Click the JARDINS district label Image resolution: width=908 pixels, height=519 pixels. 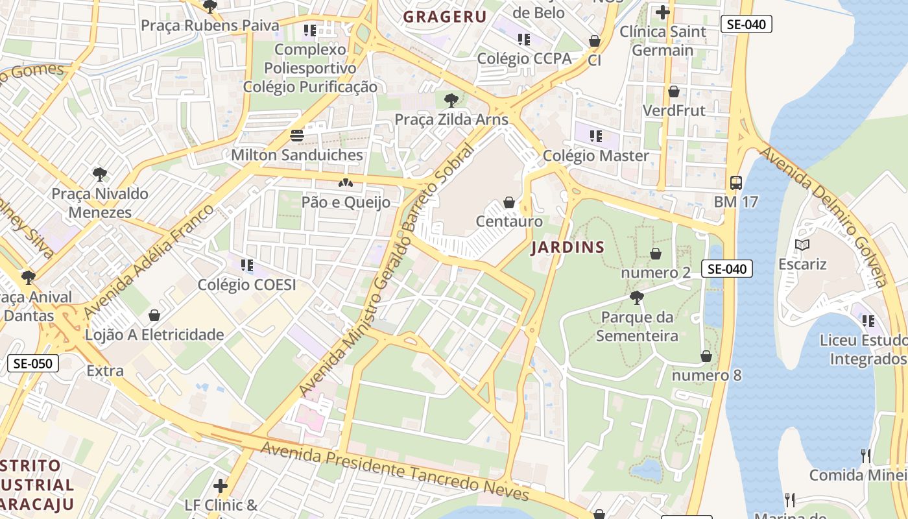pos(567,247)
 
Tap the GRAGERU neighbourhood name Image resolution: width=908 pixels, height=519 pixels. pos(445,17)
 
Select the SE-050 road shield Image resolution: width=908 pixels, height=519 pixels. pos(33,363)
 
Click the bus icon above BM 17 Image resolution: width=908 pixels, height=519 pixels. pos(735,183)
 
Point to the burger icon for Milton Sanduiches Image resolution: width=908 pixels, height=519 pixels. pos(297,136)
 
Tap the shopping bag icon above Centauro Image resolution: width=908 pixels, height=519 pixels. pos(509,202)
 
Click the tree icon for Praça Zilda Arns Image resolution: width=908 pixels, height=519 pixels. pos(451,101)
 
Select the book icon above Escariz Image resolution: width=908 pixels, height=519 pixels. pos(802,245)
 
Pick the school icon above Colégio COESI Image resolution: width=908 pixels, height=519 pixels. pos(246,265)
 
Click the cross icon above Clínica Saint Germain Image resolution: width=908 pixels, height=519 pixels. pos(662,12)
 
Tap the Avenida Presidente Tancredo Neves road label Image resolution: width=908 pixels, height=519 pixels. pos(394,471)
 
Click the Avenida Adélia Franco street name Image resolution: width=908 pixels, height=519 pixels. pos(149,261)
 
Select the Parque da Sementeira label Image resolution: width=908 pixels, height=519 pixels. pos(637,326)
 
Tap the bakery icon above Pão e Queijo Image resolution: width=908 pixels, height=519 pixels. pos(346,183)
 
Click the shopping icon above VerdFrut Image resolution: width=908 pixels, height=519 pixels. pos(674,91)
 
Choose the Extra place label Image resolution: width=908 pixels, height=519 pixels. pos(105,371)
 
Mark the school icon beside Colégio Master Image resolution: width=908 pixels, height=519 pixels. pos(595,136)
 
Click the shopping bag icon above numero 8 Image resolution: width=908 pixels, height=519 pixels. pos(706,356)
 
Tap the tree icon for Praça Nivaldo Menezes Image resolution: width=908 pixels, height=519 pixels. pos(99,174)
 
